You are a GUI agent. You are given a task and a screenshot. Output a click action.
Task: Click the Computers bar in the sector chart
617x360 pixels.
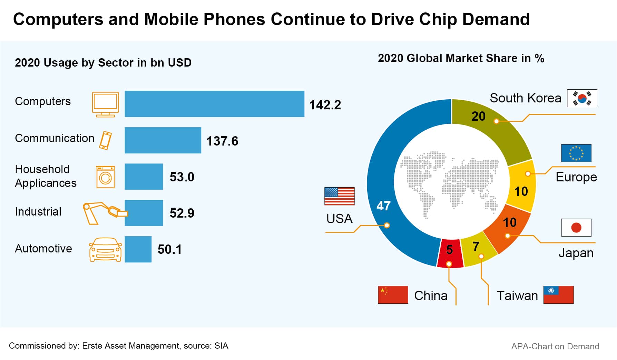point(214,104)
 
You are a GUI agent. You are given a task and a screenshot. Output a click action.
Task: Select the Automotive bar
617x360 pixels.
point(138,249)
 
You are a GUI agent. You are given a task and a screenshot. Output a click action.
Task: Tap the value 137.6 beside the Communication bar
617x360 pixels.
point(222,141)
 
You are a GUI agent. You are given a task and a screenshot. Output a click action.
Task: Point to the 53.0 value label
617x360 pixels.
point(182,177)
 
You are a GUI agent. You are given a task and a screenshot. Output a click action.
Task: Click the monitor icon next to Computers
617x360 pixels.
point(105,104)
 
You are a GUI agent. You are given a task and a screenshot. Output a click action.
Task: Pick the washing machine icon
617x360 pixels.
point(105,177)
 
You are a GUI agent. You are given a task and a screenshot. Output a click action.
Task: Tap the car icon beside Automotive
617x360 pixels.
point(105,249)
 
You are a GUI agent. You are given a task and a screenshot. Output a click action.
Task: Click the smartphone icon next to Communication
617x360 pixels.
point(106,140)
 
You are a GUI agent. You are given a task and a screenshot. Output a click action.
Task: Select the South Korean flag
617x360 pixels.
point(582,98)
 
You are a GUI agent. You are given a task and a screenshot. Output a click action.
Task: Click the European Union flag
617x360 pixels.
point(576,153)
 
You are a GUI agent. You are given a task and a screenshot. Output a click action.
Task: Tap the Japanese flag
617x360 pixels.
point(576,228)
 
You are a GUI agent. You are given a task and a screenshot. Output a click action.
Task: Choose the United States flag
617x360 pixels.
point(339,196)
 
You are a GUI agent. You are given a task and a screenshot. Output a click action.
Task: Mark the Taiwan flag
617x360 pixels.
point(558,295)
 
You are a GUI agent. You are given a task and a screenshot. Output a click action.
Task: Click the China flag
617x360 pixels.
point(393,295)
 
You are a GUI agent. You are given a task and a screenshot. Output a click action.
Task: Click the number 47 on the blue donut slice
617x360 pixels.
point(383,206)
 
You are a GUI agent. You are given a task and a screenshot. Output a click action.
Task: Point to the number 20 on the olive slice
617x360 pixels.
point(478,117)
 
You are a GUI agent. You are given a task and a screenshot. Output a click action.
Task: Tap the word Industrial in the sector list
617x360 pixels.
point(38,212)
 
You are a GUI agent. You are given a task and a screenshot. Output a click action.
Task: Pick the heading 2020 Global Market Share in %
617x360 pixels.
point(461,58)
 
